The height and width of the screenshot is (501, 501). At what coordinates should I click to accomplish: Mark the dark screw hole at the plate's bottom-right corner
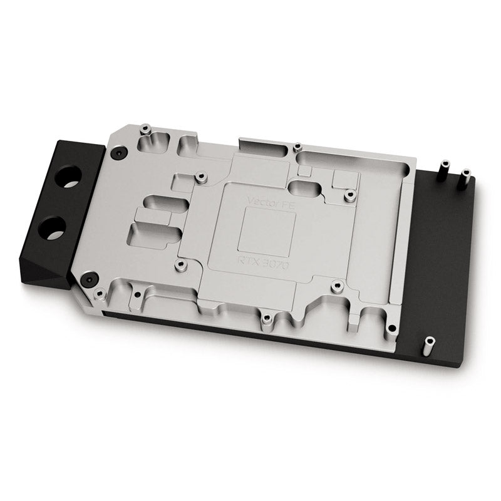[391, 328]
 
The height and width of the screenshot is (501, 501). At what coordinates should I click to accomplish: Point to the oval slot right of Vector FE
[306, 188]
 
